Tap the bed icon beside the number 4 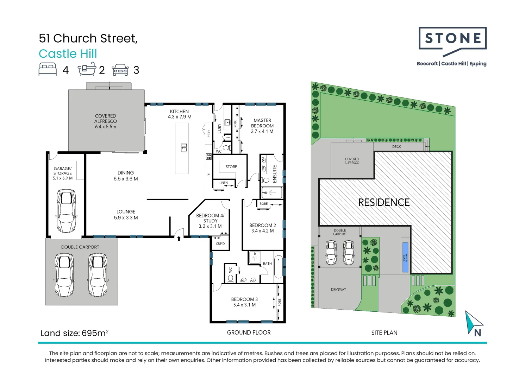click(48, 69)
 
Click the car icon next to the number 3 click(120, 70)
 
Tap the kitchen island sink click(184, 147)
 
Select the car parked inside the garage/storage click(65, 211)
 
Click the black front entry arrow click(179, 238)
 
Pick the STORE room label click(231, 167)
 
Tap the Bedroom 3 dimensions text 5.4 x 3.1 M click(244, 305)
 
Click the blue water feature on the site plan click(405, 257)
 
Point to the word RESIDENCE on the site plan click(384, 202)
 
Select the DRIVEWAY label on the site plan click(338, 290)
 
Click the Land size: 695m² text click(74, 333)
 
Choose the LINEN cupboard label click(223, 183)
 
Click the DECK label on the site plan click(396, 147)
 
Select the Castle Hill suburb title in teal click(68, 53)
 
